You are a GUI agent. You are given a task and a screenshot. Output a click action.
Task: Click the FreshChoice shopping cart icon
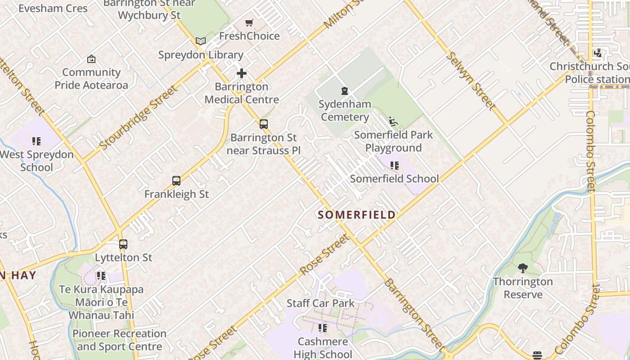249,22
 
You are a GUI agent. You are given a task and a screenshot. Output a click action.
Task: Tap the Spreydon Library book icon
201,41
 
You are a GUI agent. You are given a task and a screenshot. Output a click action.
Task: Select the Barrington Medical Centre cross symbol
242,73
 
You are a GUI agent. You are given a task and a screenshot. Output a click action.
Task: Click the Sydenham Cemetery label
345,111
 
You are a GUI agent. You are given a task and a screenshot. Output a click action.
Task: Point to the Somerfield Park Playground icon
393,121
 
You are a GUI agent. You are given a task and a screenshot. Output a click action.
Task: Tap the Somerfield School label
394,179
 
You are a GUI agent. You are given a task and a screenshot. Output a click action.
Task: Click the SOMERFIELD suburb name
357,215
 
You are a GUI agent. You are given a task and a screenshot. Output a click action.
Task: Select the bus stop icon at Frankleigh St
176,181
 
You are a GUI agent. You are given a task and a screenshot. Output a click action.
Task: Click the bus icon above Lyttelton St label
123,244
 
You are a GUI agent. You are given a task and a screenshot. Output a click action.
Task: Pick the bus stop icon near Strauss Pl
264,124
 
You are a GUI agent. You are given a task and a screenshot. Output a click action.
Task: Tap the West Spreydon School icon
36,142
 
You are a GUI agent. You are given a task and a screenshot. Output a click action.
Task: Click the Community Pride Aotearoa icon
91,59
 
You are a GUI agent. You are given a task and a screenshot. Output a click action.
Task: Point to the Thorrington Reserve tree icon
522,269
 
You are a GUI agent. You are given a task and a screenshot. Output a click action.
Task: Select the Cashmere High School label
323,348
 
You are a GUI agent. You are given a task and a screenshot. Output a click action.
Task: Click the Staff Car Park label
320,303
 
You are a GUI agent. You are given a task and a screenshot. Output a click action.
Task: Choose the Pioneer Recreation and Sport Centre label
119,340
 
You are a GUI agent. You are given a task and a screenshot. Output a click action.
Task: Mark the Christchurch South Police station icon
598,54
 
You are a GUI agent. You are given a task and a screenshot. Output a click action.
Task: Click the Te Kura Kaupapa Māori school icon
101,276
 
